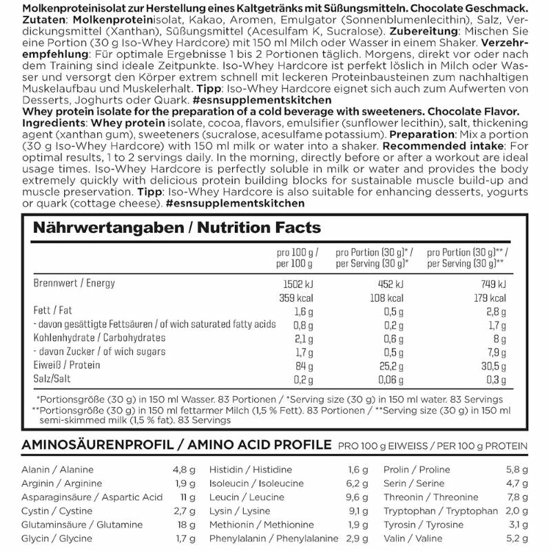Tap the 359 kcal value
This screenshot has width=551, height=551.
click(x=300, y=298)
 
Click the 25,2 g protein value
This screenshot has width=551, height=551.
click(x=389, y=365)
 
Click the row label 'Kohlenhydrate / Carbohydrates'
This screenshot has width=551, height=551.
click(x=100, y=338)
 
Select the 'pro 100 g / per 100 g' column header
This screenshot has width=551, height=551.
click(x=298, y=257)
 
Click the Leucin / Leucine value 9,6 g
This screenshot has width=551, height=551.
click(x=351, y=497)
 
